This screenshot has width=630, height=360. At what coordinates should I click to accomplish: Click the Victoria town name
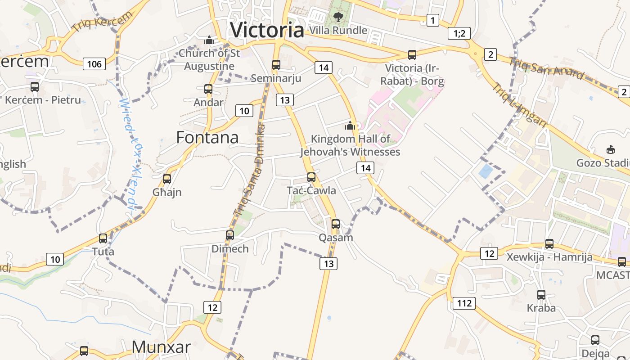(267, 30)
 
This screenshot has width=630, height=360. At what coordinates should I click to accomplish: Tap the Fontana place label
(207, 137)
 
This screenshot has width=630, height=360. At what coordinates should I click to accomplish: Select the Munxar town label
(161, 347)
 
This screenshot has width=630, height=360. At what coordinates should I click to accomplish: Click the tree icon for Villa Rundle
(338, 17)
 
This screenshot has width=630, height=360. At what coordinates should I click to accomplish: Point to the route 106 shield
(94, 64)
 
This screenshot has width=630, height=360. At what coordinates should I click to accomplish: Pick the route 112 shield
(464, 303)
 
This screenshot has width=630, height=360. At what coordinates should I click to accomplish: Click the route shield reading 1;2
(459, 33)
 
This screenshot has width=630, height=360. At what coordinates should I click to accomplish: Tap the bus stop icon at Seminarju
(276, 65)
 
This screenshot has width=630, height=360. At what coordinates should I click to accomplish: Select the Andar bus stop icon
(208, 89)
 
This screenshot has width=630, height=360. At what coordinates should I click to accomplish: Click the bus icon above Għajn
(167, 179)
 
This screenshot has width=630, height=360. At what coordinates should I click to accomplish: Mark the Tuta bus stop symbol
(103, 238)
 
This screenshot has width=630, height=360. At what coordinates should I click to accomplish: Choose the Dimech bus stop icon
(230, 235)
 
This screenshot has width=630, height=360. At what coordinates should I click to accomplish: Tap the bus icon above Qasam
(336, 224)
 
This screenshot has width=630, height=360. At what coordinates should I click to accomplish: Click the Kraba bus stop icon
(541, 295)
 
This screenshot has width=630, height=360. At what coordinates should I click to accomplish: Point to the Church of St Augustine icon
(209, 40)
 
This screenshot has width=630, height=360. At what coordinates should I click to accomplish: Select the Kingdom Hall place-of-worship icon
(350, 126)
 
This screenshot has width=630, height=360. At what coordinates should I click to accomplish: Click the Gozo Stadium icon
(611, 149)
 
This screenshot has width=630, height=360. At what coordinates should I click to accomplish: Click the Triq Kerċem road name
(103, 21)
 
